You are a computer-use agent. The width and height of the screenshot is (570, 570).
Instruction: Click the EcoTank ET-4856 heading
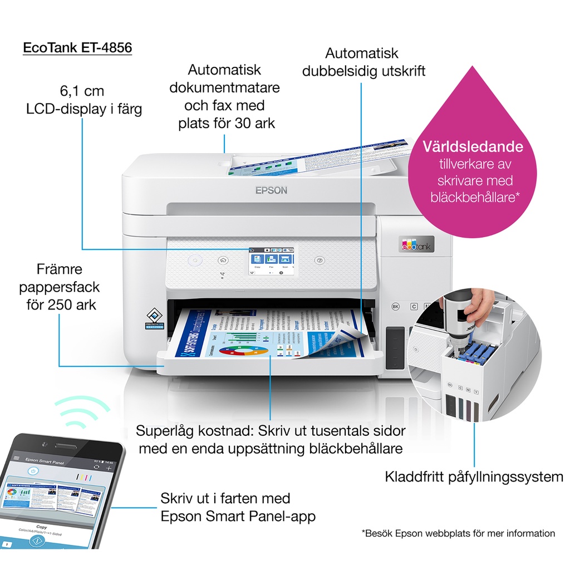(x=77, y=48)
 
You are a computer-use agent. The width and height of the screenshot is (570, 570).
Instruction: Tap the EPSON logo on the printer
(x=271, y=190)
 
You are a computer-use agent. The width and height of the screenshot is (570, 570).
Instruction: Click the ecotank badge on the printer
(x=416, y=244)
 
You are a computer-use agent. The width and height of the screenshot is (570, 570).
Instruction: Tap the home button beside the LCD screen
(x=223, y=259)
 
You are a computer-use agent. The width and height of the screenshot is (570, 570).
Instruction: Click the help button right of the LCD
(x=320, y=259)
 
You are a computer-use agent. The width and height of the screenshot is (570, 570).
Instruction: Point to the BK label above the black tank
(x=396, y=306)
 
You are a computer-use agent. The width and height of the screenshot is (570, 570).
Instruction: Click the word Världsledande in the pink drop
(x=473, y=147)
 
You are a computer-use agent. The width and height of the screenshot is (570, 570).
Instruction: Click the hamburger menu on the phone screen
(x=16, y=458)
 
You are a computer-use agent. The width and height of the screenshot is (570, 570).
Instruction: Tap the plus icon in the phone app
(x=109, y=468)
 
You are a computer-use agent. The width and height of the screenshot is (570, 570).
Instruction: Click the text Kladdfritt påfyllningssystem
(x=474, y=477)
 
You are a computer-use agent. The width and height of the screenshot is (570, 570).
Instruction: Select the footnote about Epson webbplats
(x=458, y=533)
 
